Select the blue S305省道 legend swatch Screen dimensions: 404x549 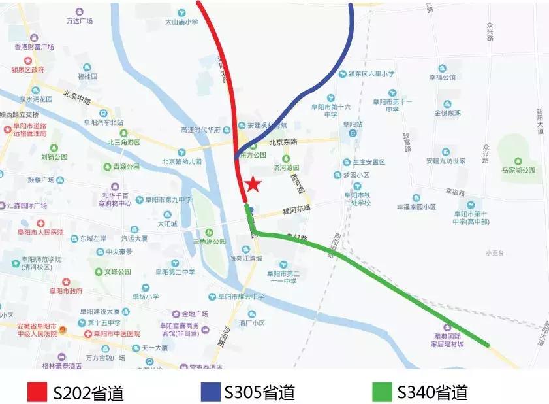pyautogui.click(x=211, y=392)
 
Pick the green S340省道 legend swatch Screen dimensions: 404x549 pyautogui.click(x=383, y=392)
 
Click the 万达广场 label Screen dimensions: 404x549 pyautogui.click(x=79, y=20)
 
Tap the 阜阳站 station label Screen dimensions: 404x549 pyautogui.click(x=353, y=124)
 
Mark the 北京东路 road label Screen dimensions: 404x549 pyautogui.click(x=283, y=142)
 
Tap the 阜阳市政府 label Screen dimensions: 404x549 pyautogui.click(x=66, y=290)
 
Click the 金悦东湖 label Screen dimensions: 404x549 pyautogui.click(x=447, y=112)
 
